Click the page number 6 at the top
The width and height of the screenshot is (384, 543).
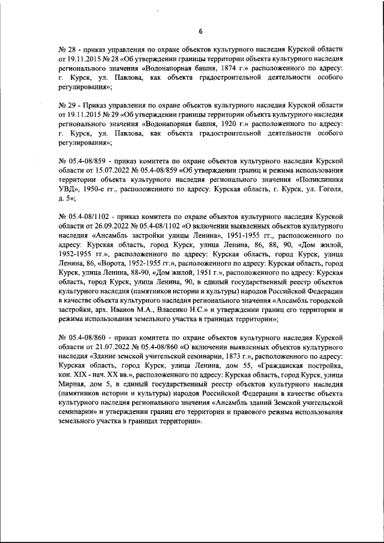pos(200,31)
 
